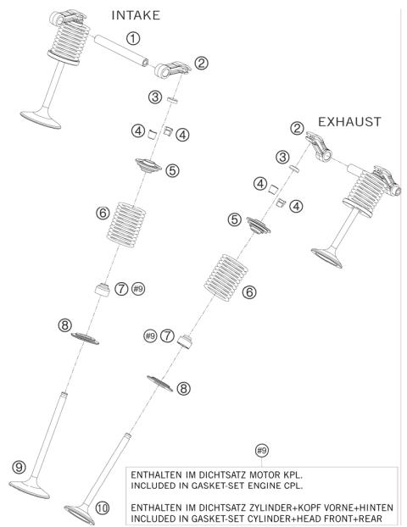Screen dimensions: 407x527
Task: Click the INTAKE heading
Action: click(136, 15)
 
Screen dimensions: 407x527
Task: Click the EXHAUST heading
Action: click(349, 122)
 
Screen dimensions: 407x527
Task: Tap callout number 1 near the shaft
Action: click(133, 38)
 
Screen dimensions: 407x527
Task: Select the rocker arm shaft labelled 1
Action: click(121, 51)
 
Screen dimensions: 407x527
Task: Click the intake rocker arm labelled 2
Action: click(172, 69)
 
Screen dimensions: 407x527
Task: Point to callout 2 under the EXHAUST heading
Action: click(297, 128)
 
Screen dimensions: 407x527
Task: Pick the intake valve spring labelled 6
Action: click(126, 225)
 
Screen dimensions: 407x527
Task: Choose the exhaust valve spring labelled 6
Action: click(226, 278)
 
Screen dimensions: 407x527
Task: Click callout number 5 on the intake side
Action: click(172, 171)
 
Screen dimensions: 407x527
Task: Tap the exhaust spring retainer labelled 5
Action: click(259, 225)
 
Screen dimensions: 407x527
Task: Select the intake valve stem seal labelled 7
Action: click(103, 290)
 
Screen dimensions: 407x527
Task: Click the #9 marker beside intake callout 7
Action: click(138, 289)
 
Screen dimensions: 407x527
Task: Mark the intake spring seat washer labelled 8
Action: click(85, 338)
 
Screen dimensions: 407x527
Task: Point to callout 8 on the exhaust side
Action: click(183, 389)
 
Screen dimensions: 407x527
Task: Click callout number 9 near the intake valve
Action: click(19, 467)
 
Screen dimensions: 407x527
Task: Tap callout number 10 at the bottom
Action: click(103, 508)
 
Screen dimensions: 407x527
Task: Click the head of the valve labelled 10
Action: click(80, 514)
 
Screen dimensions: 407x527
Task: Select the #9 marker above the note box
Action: click(262, 451)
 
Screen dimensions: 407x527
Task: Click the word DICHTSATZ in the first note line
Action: click(222, 475)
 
